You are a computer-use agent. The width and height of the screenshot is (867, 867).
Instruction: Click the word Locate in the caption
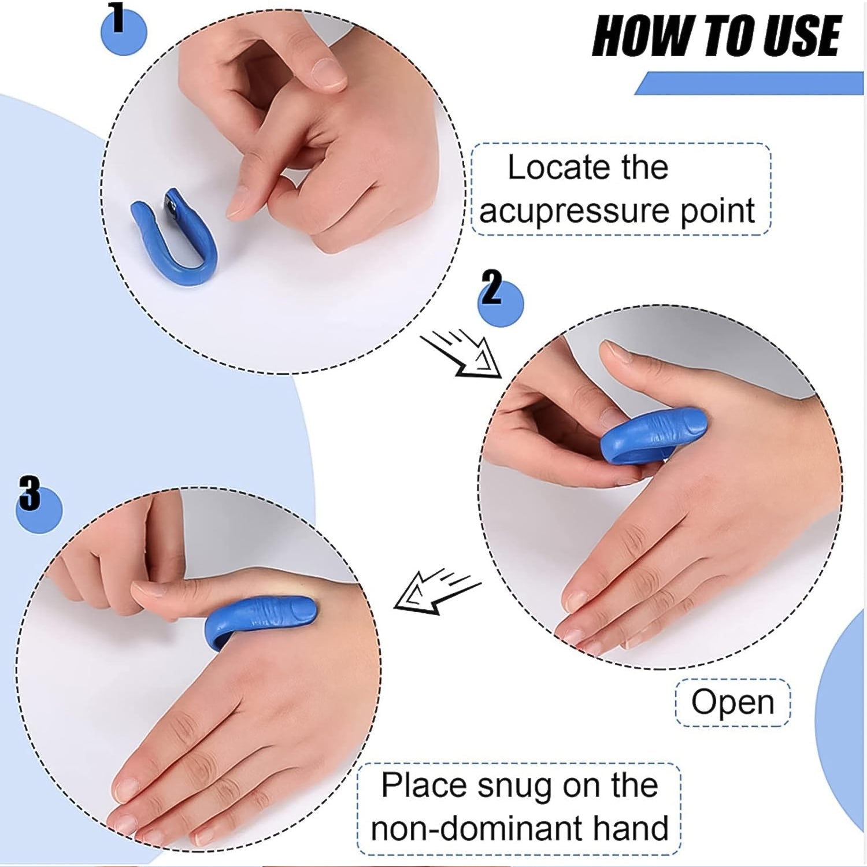(555, 168)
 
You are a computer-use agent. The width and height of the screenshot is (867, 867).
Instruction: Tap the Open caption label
(732, 702)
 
